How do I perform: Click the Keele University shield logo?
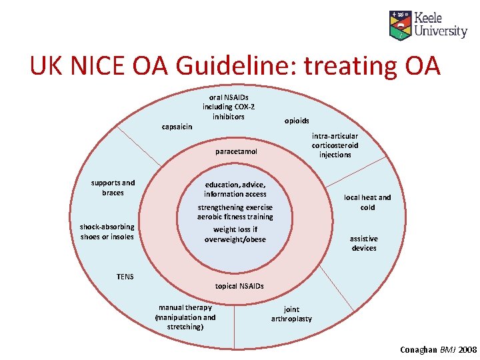[401, 25]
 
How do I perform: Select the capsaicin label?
[177, 127]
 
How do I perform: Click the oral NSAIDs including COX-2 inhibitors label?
[229, 107]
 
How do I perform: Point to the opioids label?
[297, 121]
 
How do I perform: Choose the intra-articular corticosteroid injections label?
[335, 145]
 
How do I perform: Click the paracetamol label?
[236, 152]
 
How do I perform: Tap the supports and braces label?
[113, 187]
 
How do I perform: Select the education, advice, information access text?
[235, 189]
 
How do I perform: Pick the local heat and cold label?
[367, 202]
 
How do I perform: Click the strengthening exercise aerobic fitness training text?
[235, 212]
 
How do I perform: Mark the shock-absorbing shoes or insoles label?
[107, 231]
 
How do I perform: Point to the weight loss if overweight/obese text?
[235, 234]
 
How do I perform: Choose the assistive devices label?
[363, 243]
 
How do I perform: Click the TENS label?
[125, 276]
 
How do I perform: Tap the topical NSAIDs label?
[239, 286]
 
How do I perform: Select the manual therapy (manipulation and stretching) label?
[185, 317]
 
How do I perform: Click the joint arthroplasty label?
[291, 314]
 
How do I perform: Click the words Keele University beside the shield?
[441, 25]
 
